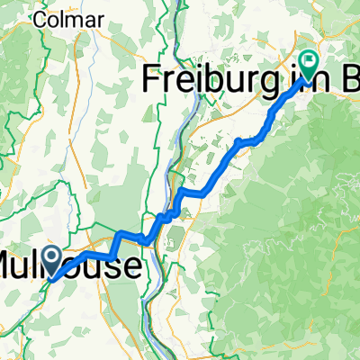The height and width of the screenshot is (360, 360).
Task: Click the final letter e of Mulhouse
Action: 133,266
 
